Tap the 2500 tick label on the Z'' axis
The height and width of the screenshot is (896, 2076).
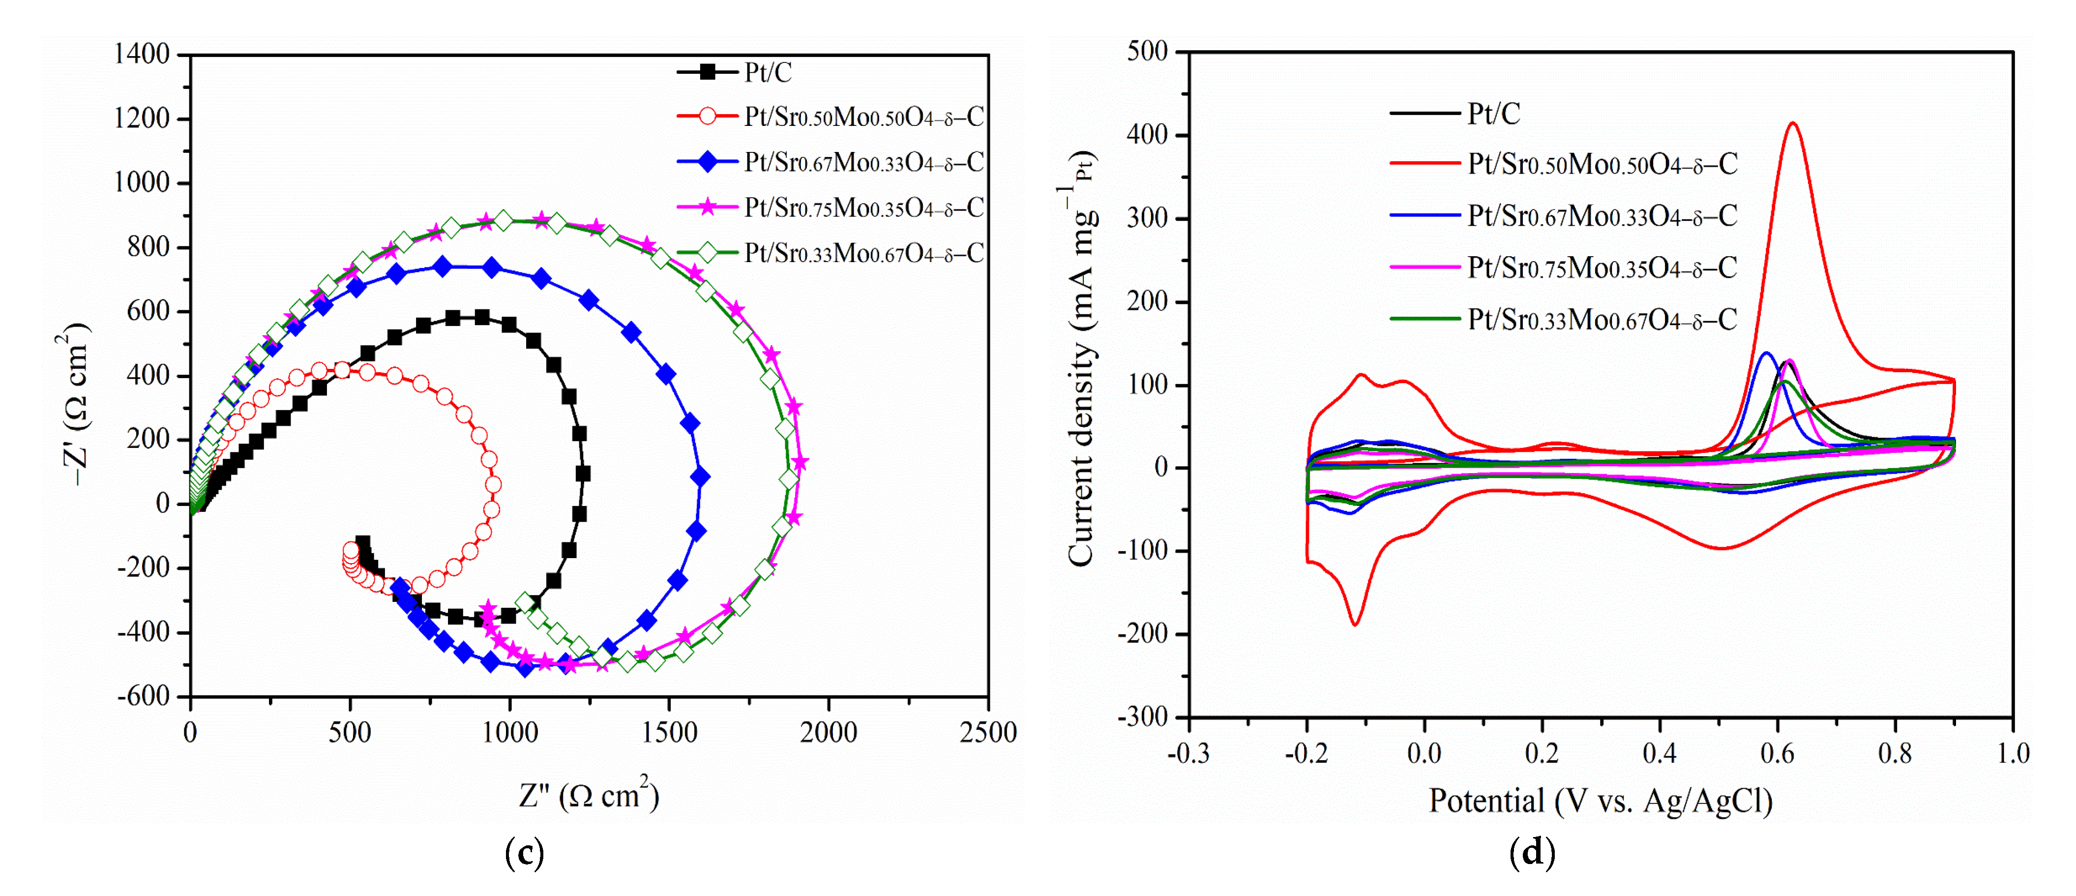pyautogui.click(x=987, y=732)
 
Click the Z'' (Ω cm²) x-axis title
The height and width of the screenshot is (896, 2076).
pyautogui.click(x=588, y=795)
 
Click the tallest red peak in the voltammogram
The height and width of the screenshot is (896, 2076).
pyautogui.click(x=1792, y=123)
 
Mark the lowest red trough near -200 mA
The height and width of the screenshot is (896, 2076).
pyautogui.click(x=1355, y=624)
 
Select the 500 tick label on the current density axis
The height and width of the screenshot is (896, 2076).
pyautogui.click(x=1148, y=52)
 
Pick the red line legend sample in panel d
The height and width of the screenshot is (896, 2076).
pyautogui.click(x=1425, y=164)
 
